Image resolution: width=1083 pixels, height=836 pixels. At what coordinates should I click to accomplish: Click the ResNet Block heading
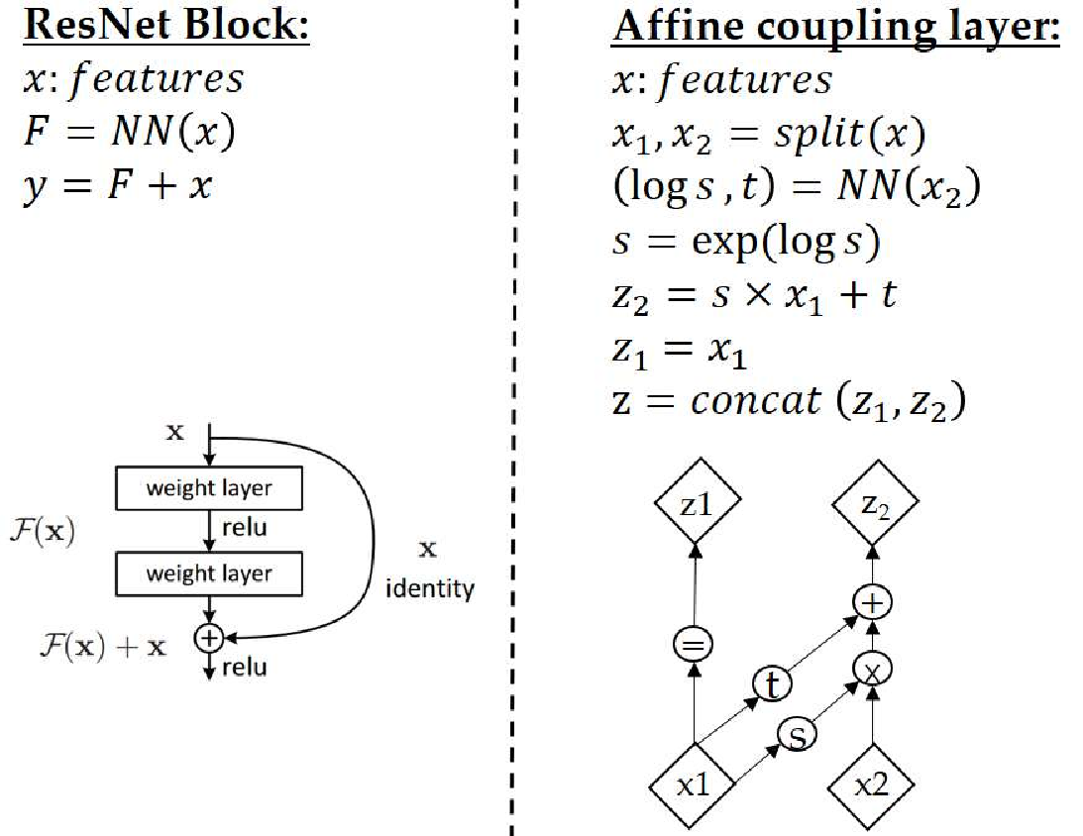pyautogui.click(x=166, y=27)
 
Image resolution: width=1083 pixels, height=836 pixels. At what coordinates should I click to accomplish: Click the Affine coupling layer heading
pyautogui.click(x=835, y=27)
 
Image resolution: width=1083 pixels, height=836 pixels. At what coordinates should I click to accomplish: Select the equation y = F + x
pyautogui.click(x=118, y=185)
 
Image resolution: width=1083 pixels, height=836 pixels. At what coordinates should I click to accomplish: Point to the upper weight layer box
pyautogui.click(x=208, y=488)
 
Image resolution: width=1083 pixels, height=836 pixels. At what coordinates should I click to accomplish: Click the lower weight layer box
pyautogui.click(x=208, y=574)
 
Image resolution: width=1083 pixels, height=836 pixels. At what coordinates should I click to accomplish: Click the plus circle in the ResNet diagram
pyautogui.click(x=208, y=639)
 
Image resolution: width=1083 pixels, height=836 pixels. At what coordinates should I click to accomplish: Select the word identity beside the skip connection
pyautogui.click(x=429, y=589)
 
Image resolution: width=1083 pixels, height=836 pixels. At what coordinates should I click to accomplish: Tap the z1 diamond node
pyautogui.click(x=697, y=505)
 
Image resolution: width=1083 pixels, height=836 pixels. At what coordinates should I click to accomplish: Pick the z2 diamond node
pyautogui.click(x=872, y=505)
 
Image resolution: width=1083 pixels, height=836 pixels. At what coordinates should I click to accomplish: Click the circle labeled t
pyautogui.click(x=771, y=683)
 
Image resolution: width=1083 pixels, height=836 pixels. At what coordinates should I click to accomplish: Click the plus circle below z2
pyautogui.click(x=872, y=601)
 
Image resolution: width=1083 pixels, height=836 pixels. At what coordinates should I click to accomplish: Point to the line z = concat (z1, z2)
pyautogui.click(x=789, y=401)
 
